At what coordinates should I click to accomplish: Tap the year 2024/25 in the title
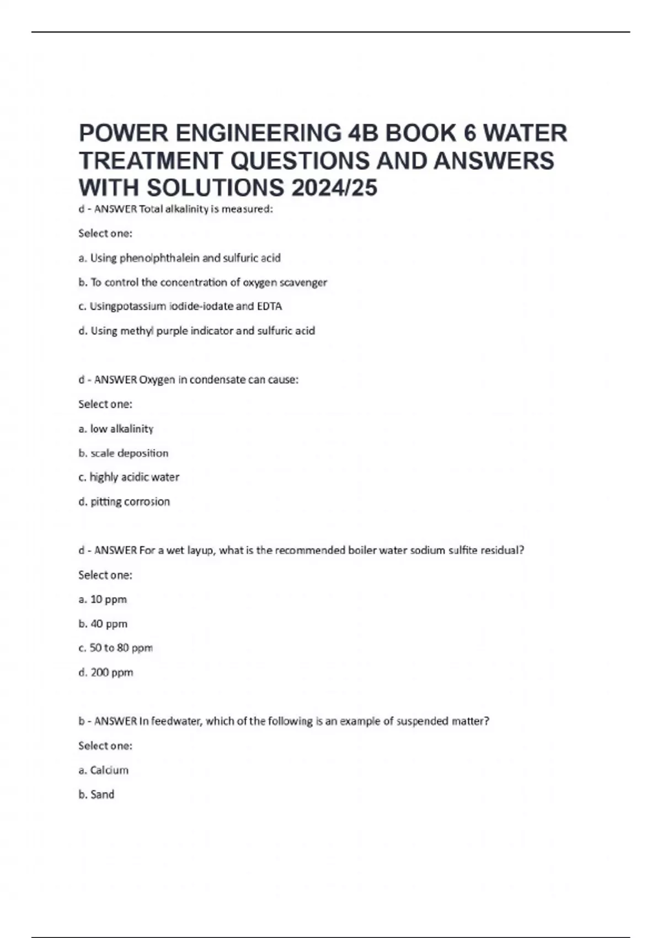point(334,188)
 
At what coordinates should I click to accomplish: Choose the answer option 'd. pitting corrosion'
point(124,502)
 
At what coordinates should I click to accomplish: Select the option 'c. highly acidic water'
point(129,477)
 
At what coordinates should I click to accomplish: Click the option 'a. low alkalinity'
point(116,429)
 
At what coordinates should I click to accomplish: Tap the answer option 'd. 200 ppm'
point(105,672)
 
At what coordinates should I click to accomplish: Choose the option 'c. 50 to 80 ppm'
point(115,648)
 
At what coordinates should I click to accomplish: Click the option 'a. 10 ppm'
point(103,599)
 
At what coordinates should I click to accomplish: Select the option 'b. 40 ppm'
point(103,623)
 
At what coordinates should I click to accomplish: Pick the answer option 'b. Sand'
point(97,795)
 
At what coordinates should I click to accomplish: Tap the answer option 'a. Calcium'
point(103,770)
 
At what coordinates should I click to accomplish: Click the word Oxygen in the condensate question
point(157,380)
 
